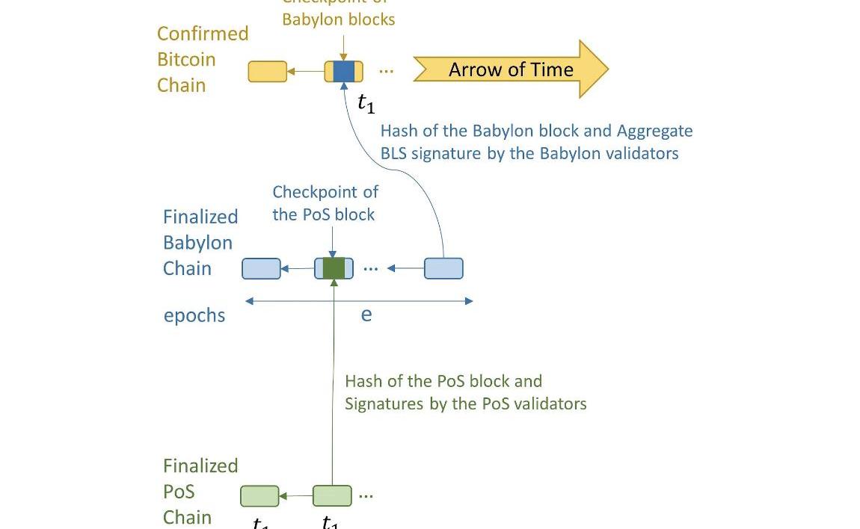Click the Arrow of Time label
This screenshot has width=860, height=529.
[x=511, y=69]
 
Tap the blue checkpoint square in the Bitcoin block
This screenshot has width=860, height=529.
[x=343, y=72]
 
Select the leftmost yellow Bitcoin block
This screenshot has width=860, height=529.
[x=267, y=72]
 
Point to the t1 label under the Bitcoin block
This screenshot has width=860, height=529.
[x=366, y=103]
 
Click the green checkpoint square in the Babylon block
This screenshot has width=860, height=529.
[x=334, y=268]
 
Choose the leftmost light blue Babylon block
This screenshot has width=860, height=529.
[x=261, y=268]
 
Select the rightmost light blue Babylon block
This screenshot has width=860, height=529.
[x=443, y=268]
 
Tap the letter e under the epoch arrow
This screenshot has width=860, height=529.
[x=366, y=315]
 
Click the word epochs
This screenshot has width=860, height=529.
[x=194, y=315]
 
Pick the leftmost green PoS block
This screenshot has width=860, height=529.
[x=259, y=495]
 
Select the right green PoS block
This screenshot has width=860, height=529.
[x=332, y=495]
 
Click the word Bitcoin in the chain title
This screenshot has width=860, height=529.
[x=186, y=60]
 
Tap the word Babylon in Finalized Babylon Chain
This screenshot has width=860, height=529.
[x=197, y=243]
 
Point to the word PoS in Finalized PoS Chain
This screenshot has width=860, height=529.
[x=179, y=492]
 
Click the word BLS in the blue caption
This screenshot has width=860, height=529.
[x=395, y=153]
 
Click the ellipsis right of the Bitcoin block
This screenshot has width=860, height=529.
[x=386, y=71]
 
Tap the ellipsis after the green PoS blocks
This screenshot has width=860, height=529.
[x=366, y=495]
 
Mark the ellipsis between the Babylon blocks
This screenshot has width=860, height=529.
[x=370, y=267]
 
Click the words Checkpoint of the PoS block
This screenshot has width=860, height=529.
[x=325, y=203]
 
